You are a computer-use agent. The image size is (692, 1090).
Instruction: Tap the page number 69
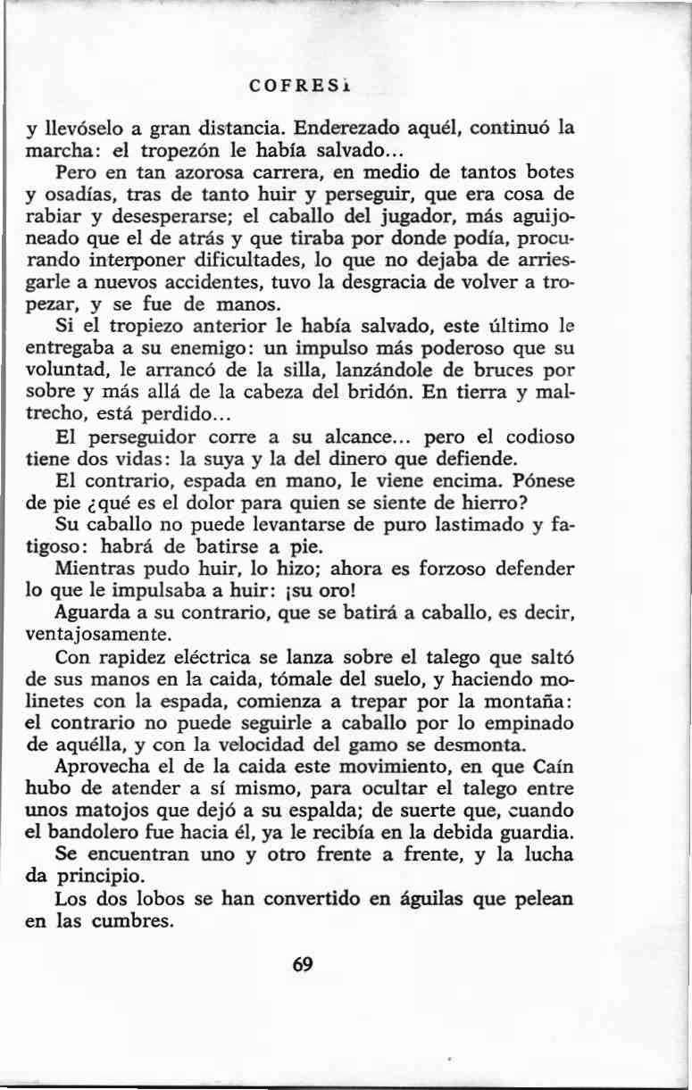coord(302,965)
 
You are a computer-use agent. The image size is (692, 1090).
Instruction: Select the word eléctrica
coord(193,658)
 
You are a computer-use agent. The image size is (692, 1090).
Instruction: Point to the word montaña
coord(534,701)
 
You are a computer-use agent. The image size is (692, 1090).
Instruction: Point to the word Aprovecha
coord(101,767)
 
